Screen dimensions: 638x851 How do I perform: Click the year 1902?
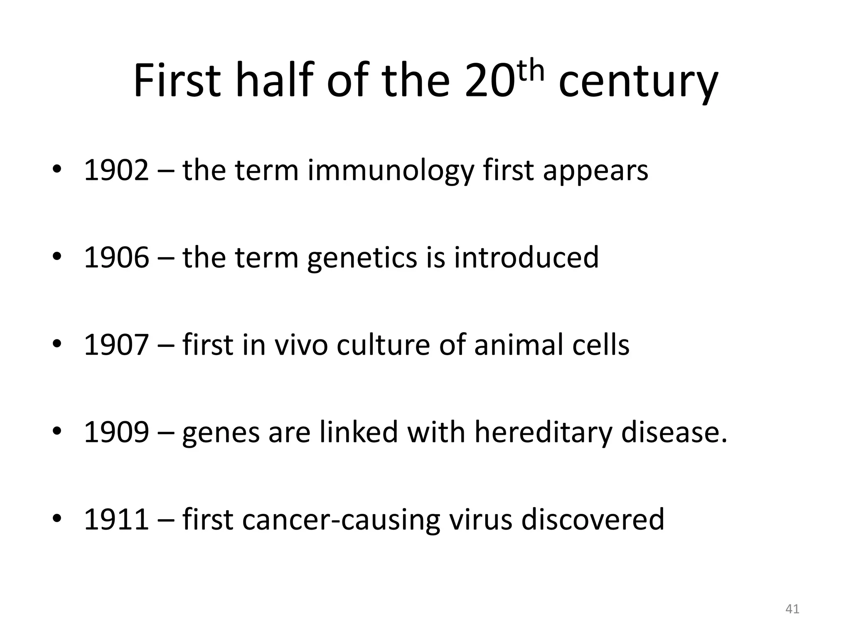tap(116, 170)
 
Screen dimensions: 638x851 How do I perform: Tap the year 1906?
tap(116, 258)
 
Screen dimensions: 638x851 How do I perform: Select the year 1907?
tap(116, 345)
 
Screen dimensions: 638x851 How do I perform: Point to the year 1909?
tap(116, 432)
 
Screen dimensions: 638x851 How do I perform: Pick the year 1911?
tap(116, 519)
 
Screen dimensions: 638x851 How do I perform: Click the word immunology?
tap(391, 171)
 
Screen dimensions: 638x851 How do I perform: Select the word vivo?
tap(301, 345)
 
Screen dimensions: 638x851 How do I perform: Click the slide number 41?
tap(792, 609)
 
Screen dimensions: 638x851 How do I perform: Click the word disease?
tap(674, 432)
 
